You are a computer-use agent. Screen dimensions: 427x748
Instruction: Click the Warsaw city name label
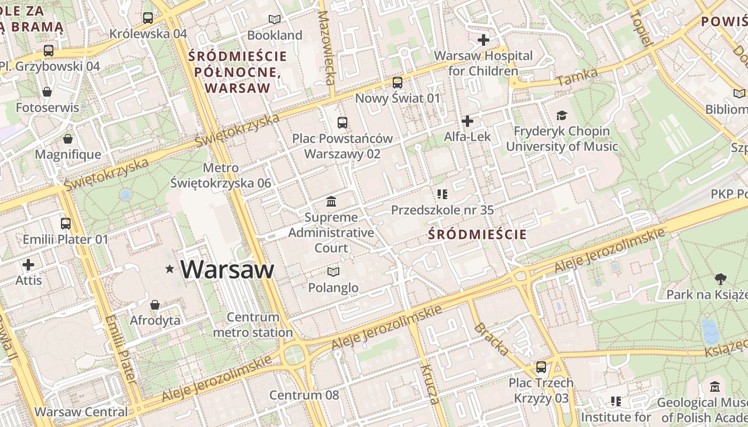(227, 270)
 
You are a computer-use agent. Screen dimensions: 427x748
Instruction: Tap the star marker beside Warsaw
(170, 270)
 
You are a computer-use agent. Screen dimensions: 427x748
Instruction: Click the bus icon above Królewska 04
(148, 18)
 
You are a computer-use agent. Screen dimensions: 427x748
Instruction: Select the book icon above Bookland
(275, 20)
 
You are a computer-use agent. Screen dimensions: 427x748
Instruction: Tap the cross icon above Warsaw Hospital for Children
(483, 40)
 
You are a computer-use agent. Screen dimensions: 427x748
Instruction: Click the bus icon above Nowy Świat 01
(397, 83)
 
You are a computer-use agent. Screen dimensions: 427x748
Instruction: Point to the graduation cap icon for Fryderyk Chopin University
(562, 115)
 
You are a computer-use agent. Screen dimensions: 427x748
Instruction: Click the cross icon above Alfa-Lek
(467, 121)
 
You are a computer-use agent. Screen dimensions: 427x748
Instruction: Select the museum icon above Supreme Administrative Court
(331, 202)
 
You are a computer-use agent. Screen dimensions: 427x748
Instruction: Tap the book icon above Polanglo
(333, 272)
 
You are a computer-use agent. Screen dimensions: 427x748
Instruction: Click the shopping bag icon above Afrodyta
(155, 305)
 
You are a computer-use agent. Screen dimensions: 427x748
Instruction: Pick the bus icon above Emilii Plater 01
(65, 224)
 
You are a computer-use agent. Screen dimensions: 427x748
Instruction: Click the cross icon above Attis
(28, 265)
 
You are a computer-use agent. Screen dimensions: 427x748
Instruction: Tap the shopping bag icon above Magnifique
(68, 139)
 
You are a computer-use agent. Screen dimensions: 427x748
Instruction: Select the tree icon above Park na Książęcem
(720, 279)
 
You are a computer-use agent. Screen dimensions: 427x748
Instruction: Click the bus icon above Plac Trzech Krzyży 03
(541, 367)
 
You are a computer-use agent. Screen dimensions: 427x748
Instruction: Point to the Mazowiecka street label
(325, 48)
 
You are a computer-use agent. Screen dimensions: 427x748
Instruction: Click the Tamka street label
(576, 78)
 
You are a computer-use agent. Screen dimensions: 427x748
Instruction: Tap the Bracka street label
(491, 339)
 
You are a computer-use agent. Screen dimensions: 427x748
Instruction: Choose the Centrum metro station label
(253, 325)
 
